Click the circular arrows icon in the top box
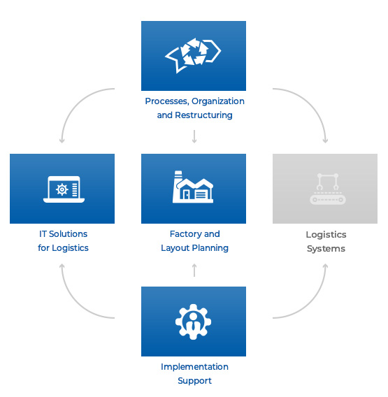tap(193, 55)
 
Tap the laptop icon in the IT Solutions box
tap(64, 189)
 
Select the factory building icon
tap(193, 187)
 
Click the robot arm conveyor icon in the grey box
tap(328, 189)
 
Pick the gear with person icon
tap(193, 322)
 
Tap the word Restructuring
tap(203, 115)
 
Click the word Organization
tap(218, 101)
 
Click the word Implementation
tap(194, 367)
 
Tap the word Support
tap(194, 381)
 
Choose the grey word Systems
tap(326, 249)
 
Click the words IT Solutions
tap(63, 234)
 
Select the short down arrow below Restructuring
tap(194, 136)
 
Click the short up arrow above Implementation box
tap(194, 270)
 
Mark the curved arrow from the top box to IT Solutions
tap(74, 101)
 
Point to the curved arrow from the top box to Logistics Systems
tap(313, 101)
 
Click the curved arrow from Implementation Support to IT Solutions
tap(74, 305)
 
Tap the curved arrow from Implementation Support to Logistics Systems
tap(313, 305)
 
